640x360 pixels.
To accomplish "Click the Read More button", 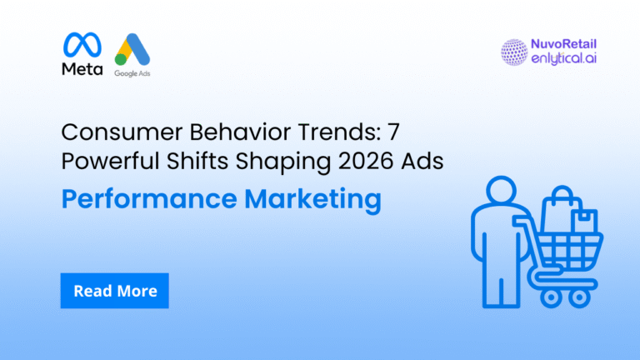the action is point(115,291).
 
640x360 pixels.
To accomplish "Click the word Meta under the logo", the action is point(82,69).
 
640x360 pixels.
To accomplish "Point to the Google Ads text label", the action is point(132,73).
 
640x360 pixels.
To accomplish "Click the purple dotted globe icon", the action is point(514,52).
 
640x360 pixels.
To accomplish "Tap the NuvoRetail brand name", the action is point(563,44).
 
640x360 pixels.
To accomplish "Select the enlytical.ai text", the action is point(563,58).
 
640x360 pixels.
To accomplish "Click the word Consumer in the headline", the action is point(122,132).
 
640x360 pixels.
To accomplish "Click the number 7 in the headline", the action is point(393,132).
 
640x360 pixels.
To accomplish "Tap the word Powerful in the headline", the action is point(110,161).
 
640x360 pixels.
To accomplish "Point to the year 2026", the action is point(366,161).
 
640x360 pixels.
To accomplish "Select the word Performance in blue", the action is point(149,199).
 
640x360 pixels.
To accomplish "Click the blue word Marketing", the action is point(313,200).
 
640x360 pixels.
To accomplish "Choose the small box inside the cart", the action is point(584,222).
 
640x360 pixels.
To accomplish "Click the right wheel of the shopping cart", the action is point(579,298).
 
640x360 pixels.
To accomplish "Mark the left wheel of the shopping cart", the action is point(551,298).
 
